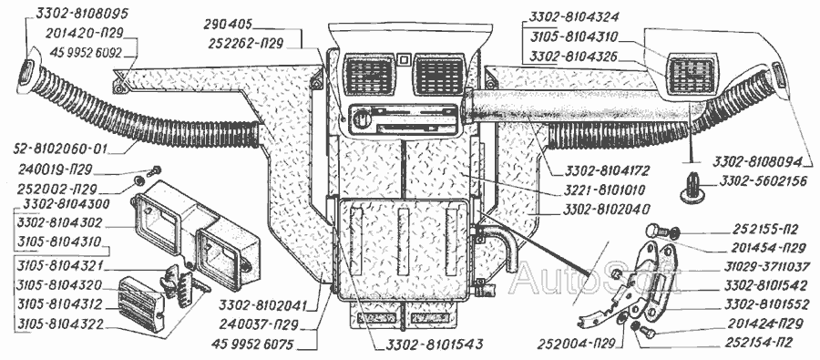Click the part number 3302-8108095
[x=82, y=13]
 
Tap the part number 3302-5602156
[x=762, y=181]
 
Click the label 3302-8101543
[x=429, y=345]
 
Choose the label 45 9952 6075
[x=255, y=345]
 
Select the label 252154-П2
[x=758, y=343]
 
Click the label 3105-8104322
[x=60, y=325]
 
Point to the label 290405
[x=230, y=24]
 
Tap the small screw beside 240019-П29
[x=155, y=170]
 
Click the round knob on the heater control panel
[x=360, y=118]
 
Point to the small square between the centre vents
[x=402, y=59]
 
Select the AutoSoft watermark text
[x=593, y=277]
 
